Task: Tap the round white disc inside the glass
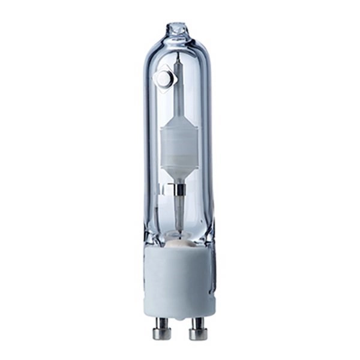163,78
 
